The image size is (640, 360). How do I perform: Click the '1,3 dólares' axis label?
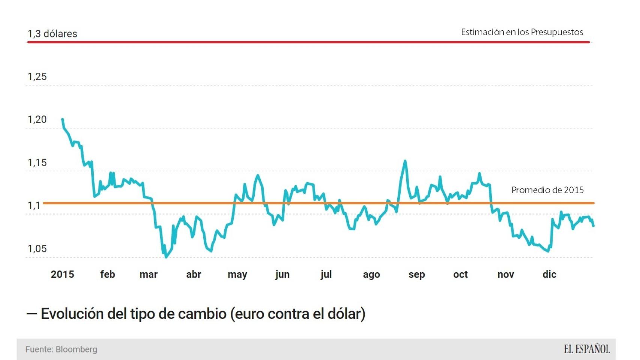tap(52, 34)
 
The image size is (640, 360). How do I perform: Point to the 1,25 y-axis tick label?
tap(37, 76)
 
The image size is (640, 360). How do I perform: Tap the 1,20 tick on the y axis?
tap(37, 120)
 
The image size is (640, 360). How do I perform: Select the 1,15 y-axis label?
tap(37, 163)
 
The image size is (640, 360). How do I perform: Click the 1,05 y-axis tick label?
tap(37, 249)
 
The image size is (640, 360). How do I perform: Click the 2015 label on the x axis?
tap(62, 274)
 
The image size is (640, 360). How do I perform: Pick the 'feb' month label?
tap(107, 274)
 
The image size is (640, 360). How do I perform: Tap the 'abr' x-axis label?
tap(194, 274)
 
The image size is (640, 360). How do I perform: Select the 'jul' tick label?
tap(326, 274)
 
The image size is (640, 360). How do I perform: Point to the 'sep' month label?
tap(416, 274)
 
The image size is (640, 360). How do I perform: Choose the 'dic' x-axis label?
tap(549, 274)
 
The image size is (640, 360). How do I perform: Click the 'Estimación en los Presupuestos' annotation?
tap(522, 32)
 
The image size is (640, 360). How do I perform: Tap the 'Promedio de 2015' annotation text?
tap(547, 190)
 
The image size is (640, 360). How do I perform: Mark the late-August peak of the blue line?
tap(405, 161)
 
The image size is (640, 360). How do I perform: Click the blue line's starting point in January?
tap(62, 119)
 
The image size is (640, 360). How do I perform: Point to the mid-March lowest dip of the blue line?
tap(166, 257)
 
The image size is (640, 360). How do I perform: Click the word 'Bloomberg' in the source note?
tap(76, 349)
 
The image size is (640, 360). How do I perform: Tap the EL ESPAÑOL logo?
tap(587, 349)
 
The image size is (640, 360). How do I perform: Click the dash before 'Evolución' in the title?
tap(32, 314)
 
